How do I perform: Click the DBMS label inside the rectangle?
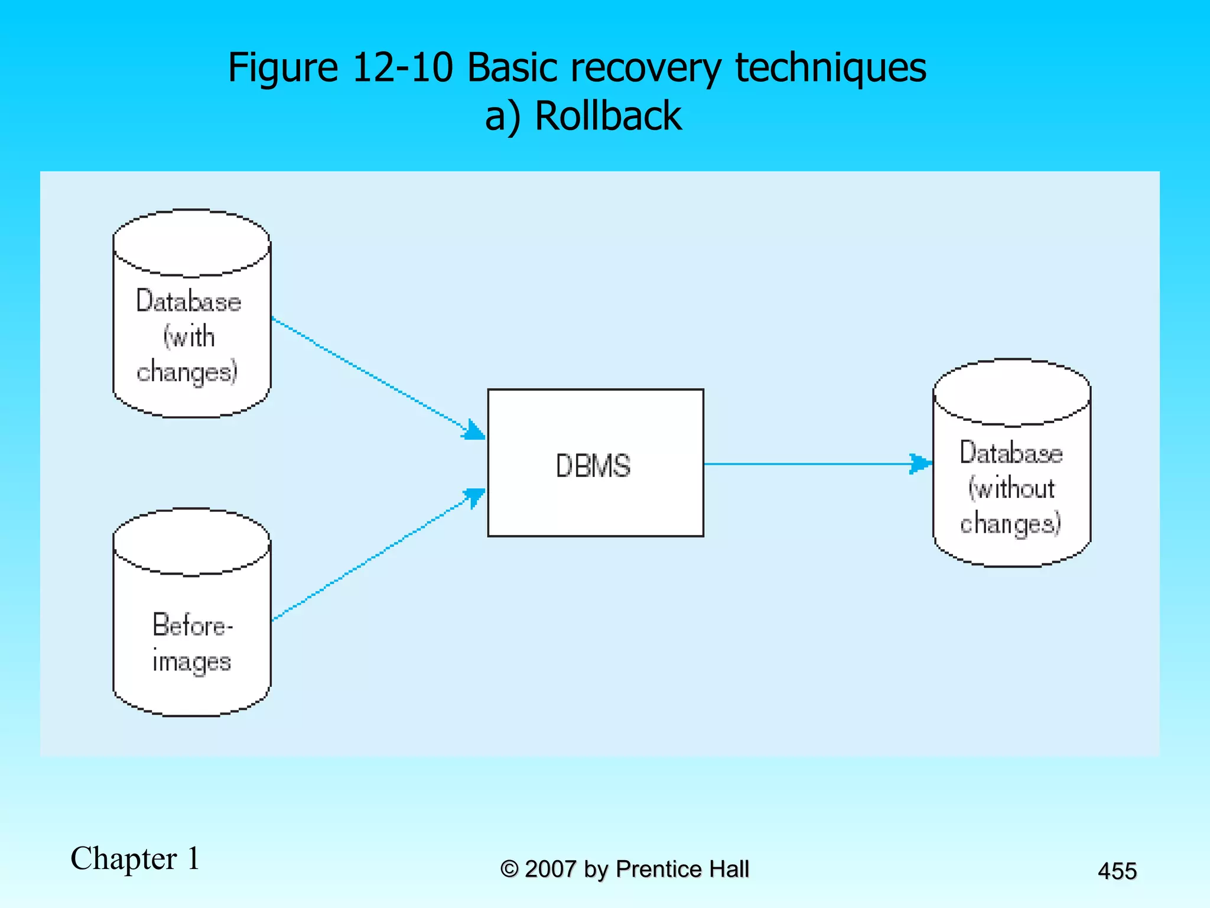(x=593, y=465)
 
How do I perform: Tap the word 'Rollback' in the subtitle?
(x=608, y=115)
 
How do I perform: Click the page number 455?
(x=1117, y=871)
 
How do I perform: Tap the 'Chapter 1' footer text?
(x=135, y=858)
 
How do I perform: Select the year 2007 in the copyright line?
(x=550, y=869)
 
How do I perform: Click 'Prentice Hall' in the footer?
(x=682, y=869)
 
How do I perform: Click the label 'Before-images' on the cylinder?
(x=192, y=643)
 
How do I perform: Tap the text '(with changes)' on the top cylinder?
(x=188, y=355)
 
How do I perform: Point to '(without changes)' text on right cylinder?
(x=1010, y=506)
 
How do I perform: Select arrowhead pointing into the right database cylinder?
(x=920, y=463)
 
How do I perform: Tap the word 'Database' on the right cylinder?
(x=1011, y=453)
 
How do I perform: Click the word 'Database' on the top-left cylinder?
(x=188, y=301)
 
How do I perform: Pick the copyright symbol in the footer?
(x=509, y=869)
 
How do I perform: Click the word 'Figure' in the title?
(x=282, y=68)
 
